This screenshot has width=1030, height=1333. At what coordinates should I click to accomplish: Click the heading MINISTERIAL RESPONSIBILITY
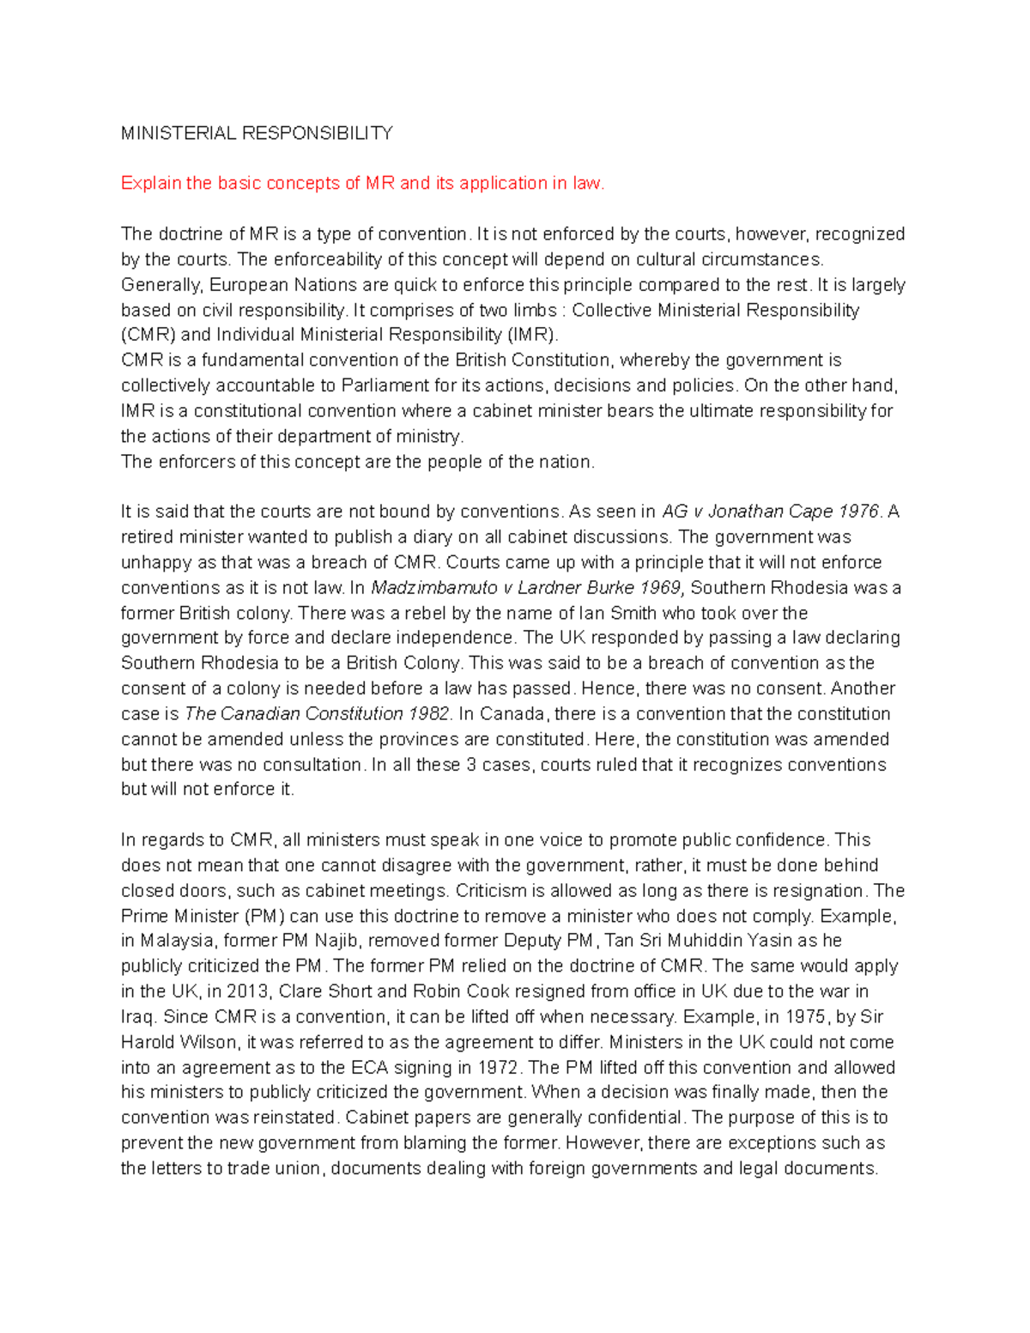coord(257,133)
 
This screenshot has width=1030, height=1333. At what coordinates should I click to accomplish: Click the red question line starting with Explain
coord(362,183)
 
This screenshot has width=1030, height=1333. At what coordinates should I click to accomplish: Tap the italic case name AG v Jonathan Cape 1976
coord(771,512)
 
